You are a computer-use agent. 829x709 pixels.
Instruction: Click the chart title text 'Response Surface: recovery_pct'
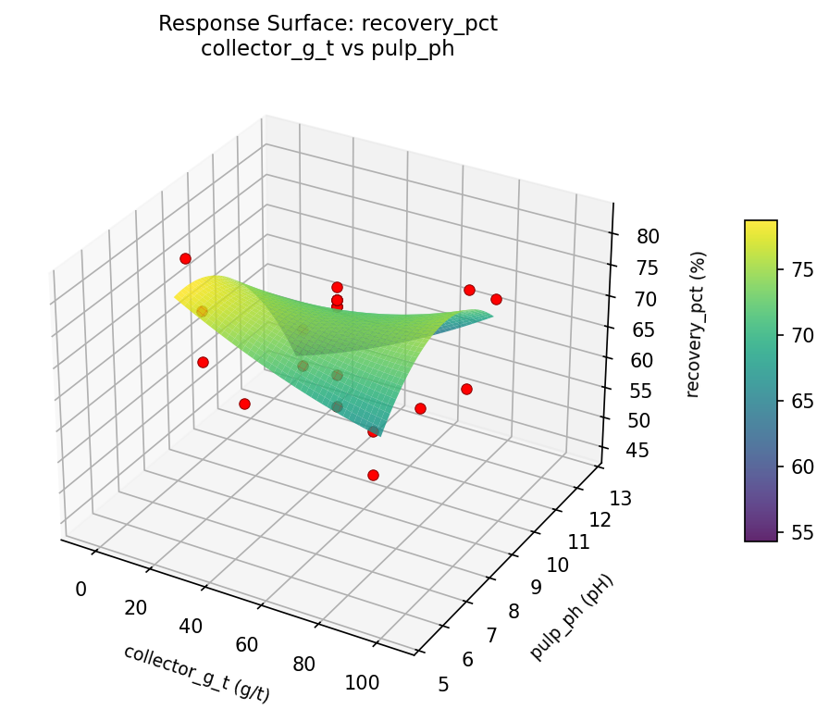pos(328,24)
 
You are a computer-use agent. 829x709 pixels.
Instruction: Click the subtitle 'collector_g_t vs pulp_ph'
pos(328,49)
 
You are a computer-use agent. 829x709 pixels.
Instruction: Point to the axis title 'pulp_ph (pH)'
pos(572,617)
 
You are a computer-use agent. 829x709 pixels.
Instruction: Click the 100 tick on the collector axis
pos(362,683)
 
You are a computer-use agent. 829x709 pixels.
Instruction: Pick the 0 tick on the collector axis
pos(80,589)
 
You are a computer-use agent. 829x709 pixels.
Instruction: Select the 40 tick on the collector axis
pos(191,626)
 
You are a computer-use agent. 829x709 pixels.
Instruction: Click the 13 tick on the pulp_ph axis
pos(622,500)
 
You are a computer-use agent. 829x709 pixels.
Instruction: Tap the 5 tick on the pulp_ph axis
pos(444,684)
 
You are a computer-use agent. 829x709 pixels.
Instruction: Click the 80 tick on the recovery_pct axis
pos(649,236)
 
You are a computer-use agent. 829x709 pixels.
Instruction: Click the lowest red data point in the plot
pos(373,475)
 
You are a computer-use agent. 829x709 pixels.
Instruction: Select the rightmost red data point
pos(496,299)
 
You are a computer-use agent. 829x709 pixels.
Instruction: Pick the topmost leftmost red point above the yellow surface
pos(185,258)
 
